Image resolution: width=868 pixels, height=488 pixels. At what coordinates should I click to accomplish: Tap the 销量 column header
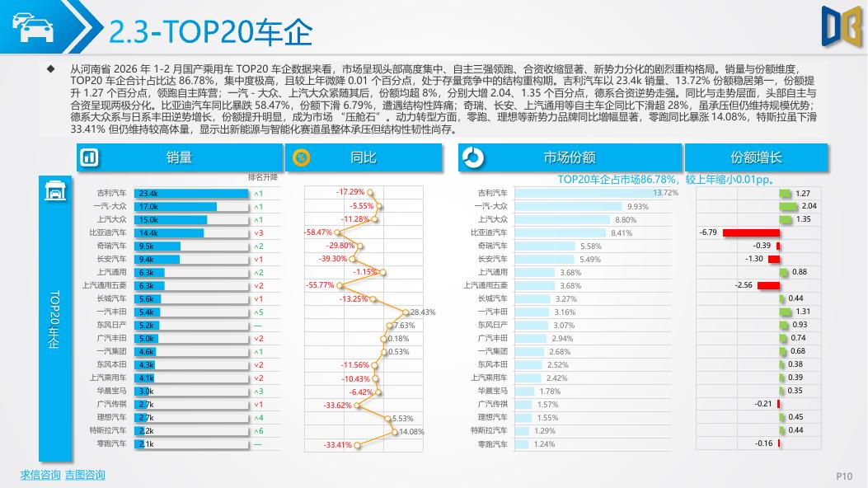point(179,157)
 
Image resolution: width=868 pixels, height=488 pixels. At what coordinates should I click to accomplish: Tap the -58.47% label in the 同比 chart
point(318,232)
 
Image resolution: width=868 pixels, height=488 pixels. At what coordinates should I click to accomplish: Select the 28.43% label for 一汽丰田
point(422,312)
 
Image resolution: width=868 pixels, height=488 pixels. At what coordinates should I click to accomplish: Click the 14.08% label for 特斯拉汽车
point(411,431)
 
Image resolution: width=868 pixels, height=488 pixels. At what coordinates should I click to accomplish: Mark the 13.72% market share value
point(665,193)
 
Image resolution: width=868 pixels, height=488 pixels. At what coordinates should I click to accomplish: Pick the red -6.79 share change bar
point(751,232)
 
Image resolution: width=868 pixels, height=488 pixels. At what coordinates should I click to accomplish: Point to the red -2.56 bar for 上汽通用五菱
point(768,286)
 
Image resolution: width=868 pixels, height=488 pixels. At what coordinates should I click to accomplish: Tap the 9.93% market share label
point(638,206)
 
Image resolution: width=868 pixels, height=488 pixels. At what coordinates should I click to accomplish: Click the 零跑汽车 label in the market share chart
point(493,444)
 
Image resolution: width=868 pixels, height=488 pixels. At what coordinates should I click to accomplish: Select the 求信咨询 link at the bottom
point(40,475)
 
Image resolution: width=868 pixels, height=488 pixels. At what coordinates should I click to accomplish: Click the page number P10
point(844,476)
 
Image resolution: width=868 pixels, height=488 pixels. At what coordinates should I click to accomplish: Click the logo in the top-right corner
point(841,25)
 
